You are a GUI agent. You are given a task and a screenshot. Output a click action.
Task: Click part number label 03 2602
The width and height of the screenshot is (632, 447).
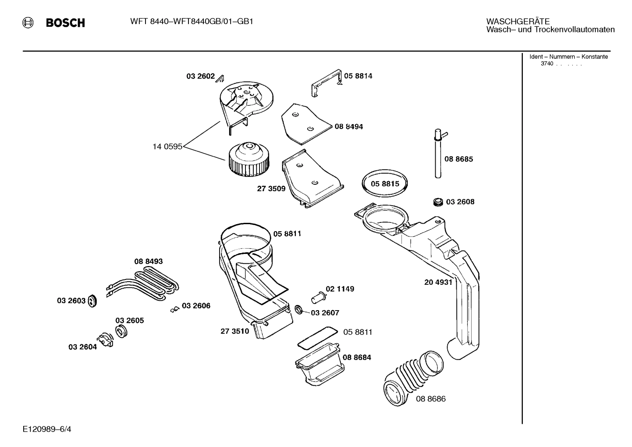[x=200, y=76]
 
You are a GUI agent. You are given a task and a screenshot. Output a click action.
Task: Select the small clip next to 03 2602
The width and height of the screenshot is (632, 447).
[x=220, y=79]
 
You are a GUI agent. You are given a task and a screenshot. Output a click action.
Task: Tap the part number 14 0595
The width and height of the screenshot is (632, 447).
[x=167, y=147]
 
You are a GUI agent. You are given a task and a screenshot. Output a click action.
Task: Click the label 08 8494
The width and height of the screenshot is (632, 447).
[x=348, y=127]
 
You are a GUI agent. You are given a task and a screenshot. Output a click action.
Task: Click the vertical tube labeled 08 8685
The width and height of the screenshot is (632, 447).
[x=438, y=156]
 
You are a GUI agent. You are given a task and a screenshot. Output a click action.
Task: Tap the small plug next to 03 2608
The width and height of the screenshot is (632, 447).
[x=437, y=202]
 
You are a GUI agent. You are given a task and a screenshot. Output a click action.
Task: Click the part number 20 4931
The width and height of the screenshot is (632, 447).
[x=438, y=283]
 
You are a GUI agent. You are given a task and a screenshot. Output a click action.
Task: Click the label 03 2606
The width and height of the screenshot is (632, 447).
[x=196, y=306]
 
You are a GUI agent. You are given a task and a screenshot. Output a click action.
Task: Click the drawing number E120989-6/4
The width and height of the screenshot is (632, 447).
[x=47, y=429]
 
